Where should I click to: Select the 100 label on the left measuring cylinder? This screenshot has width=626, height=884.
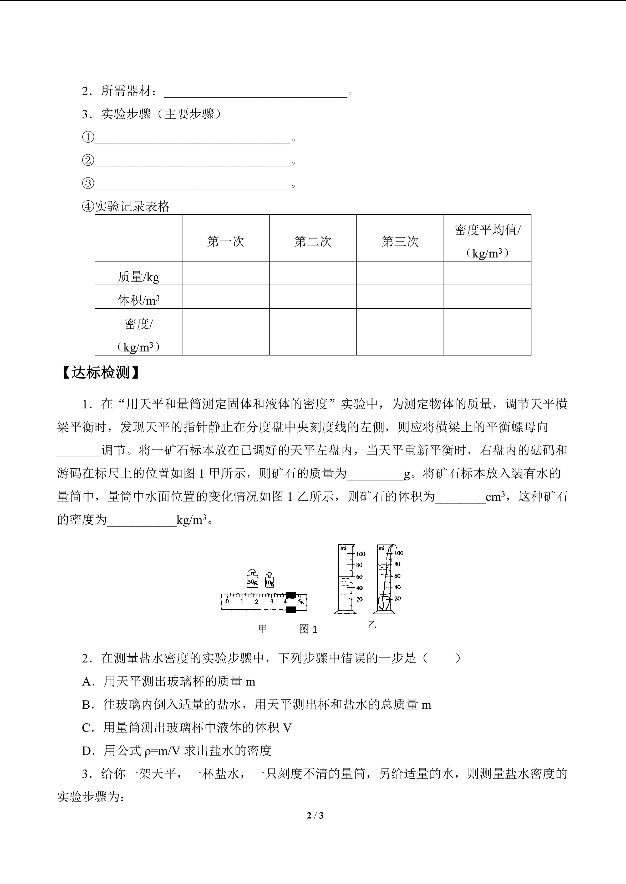(x=360, y=554)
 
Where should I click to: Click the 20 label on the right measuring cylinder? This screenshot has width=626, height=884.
(x=398, y=599)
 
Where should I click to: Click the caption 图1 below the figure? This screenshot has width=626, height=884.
(x=308, y=629)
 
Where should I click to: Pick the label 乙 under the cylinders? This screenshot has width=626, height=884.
(x=371, y=625)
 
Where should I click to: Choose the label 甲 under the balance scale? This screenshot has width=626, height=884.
(x=262, y=629)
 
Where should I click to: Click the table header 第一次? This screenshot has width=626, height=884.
(x=226, y=241)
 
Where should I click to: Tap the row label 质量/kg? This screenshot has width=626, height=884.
(x=138, y=277)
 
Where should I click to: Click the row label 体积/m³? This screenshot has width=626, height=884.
(x=138, y=300)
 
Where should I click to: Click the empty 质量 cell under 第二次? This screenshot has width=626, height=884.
(x=313, y=273)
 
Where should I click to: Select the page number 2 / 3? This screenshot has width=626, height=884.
(x=315, y=815)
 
